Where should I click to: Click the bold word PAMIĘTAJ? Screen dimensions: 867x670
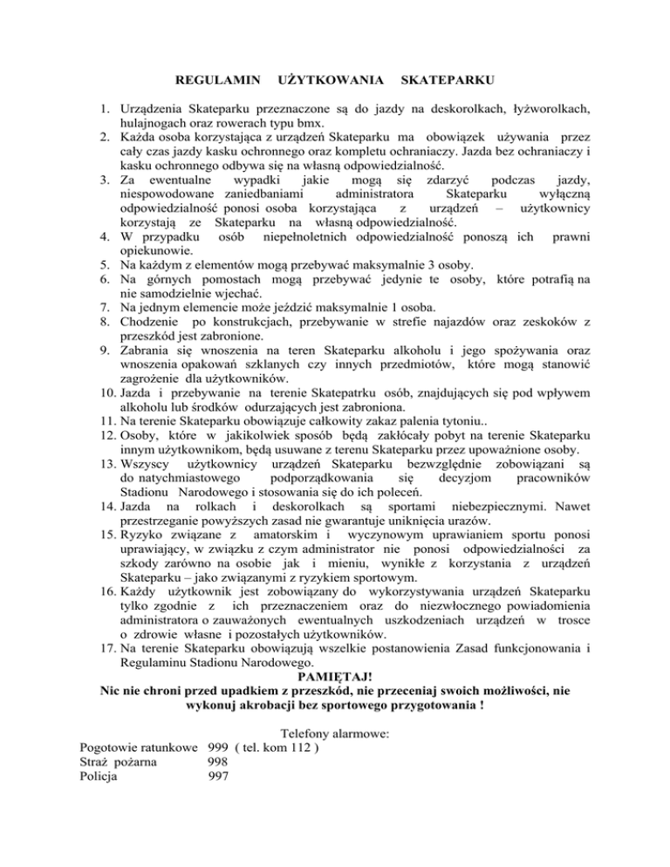[x=334, y=602]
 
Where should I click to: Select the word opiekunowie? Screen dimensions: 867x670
[x=156, y=252]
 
